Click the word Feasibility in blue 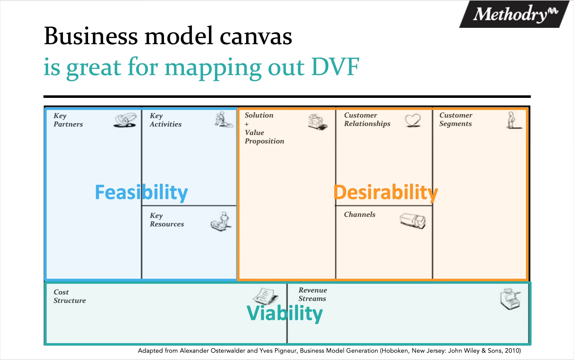click(141, 193)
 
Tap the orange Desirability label click(385, 193)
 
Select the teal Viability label click(284, 313)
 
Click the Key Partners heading click(68, 120)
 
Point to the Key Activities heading click(165, 120)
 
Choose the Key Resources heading click(166, 220)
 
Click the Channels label click(360, 215)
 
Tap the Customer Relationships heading click(367, 120)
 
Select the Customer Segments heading click(456, 120)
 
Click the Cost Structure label click(69, 296)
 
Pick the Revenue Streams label click(313, 294)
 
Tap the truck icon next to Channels click(412, 220)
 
